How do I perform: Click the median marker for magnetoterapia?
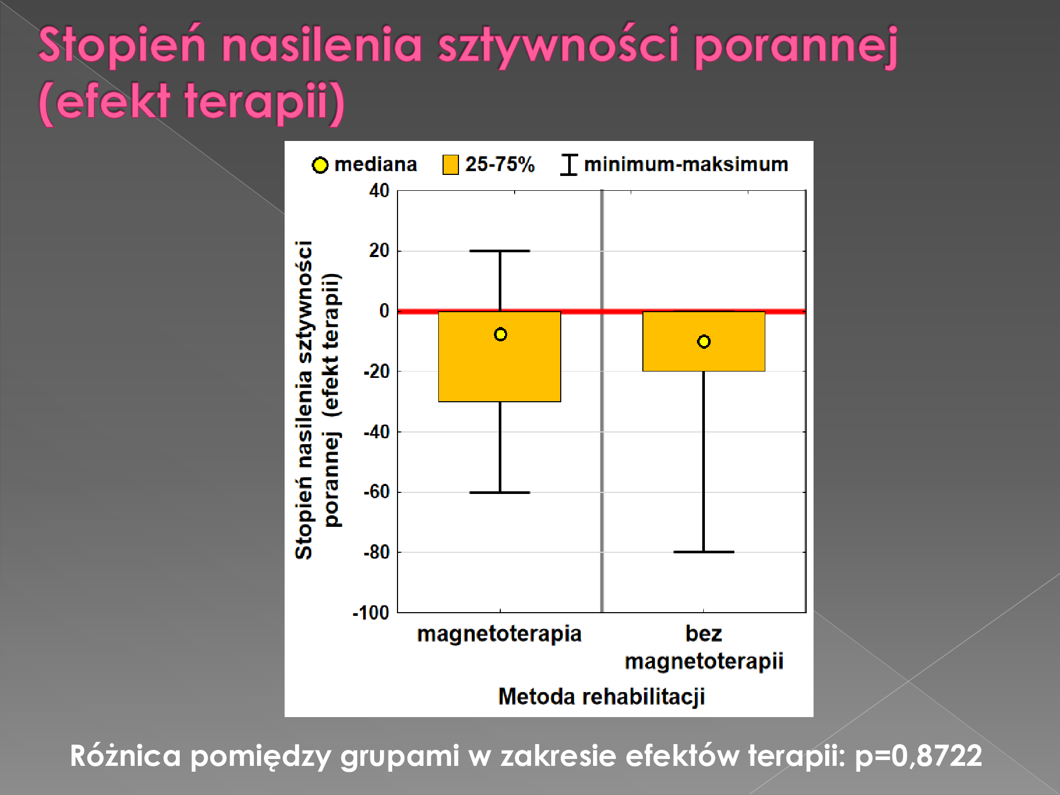click(500, 334)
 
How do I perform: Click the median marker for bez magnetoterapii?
click(704, 342)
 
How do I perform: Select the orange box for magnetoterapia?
click(500, 357)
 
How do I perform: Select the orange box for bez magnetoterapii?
click(704, 341)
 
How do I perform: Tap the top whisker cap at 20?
click(500, 251)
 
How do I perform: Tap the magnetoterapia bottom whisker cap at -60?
click(500, 492)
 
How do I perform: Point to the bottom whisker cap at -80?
click(704, 552)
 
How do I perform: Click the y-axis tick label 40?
click(379, 190)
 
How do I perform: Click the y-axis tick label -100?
click(371, 613)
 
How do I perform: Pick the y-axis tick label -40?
click(376, 432)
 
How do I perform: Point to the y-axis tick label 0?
click(384, 311)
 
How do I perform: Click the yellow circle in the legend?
click(320, 165)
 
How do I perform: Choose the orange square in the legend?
click(450, 165)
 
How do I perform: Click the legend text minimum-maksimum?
click(686, 164)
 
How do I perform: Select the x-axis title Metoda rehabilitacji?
click(602, 696)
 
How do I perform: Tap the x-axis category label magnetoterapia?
click(499, 634)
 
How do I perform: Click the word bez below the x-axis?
click(704, 633)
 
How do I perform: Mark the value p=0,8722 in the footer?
click(918, 756)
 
